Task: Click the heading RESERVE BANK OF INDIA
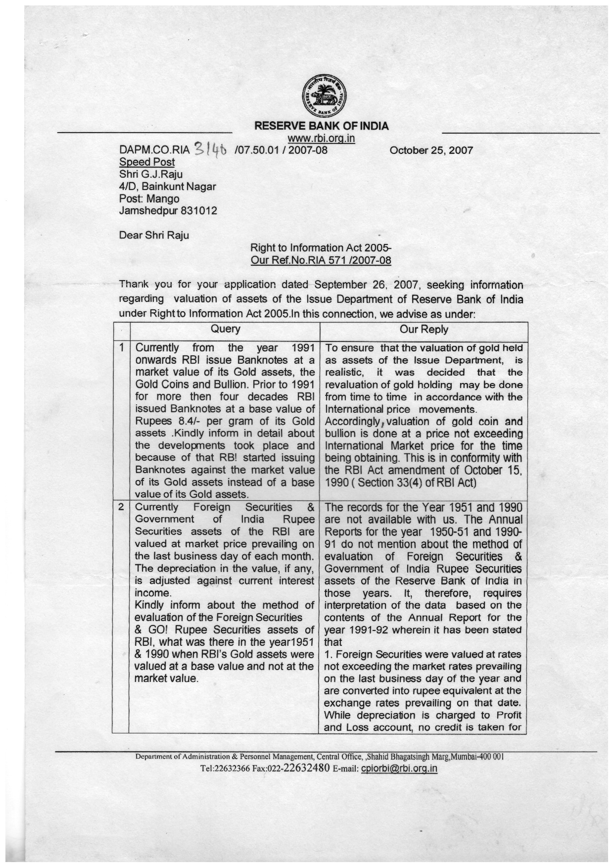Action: (321, 126)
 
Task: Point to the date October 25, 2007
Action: (431, 150)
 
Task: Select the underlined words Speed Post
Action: (147, 162)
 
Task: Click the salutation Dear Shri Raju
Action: (154, 235)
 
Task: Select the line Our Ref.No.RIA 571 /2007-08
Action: (321, 260)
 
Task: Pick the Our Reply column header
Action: (424, 330)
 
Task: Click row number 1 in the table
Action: (121, 347)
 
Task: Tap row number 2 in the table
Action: (121, 507)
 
